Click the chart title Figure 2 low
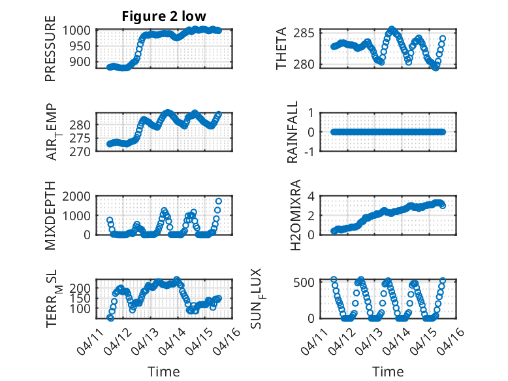click(164, 16)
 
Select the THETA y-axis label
click(281, 49)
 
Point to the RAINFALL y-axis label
click(293, 132)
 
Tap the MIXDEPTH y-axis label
click(50, 216)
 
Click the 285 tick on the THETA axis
click(306, 33)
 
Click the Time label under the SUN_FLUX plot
click(388, 372)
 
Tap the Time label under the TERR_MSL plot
click(163, 372)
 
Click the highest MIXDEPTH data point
click(219, 201)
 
